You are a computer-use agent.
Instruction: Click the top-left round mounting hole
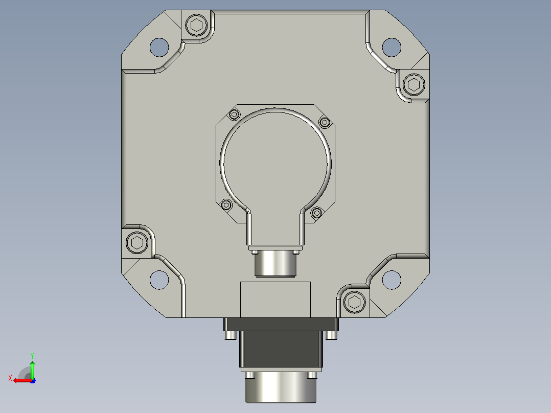pyautogui.click(x=159, y=47)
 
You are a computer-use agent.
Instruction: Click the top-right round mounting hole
pyautogui.click(x=392, y=47)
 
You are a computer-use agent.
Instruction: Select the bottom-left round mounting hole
pyautogui.click(x=159, y=280)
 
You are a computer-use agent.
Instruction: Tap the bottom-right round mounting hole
pyautogui.click(x=392, y=280)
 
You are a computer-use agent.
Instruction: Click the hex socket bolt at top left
pyautogui.click(x=196, y=25)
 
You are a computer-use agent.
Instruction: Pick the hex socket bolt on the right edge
pyautogui.click(x=414, y=84)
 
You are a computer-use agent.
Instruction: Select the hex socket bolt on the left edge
pyautogui.click(x=137, y=242)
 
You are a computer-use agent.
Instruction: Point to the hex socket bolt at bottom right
pyautogui.click(x=354, y=302)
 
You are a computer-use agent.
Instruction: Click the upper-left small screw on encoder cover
pyautogui.click(x=235, y=114)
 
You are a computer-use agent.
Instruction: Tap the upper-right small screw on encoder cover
pyautogui.click(x=325, y=122)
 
